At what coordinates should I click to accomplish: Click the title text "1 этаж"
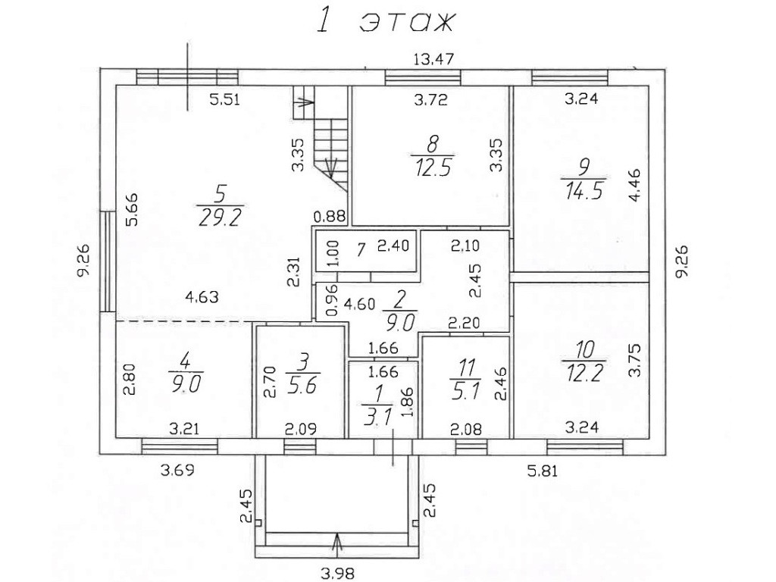pos(384,21)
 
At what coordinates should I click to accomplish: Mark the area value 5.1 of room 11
pos(465,393)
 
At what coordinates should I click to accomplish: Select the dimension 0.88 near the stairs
pos(332,215)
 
